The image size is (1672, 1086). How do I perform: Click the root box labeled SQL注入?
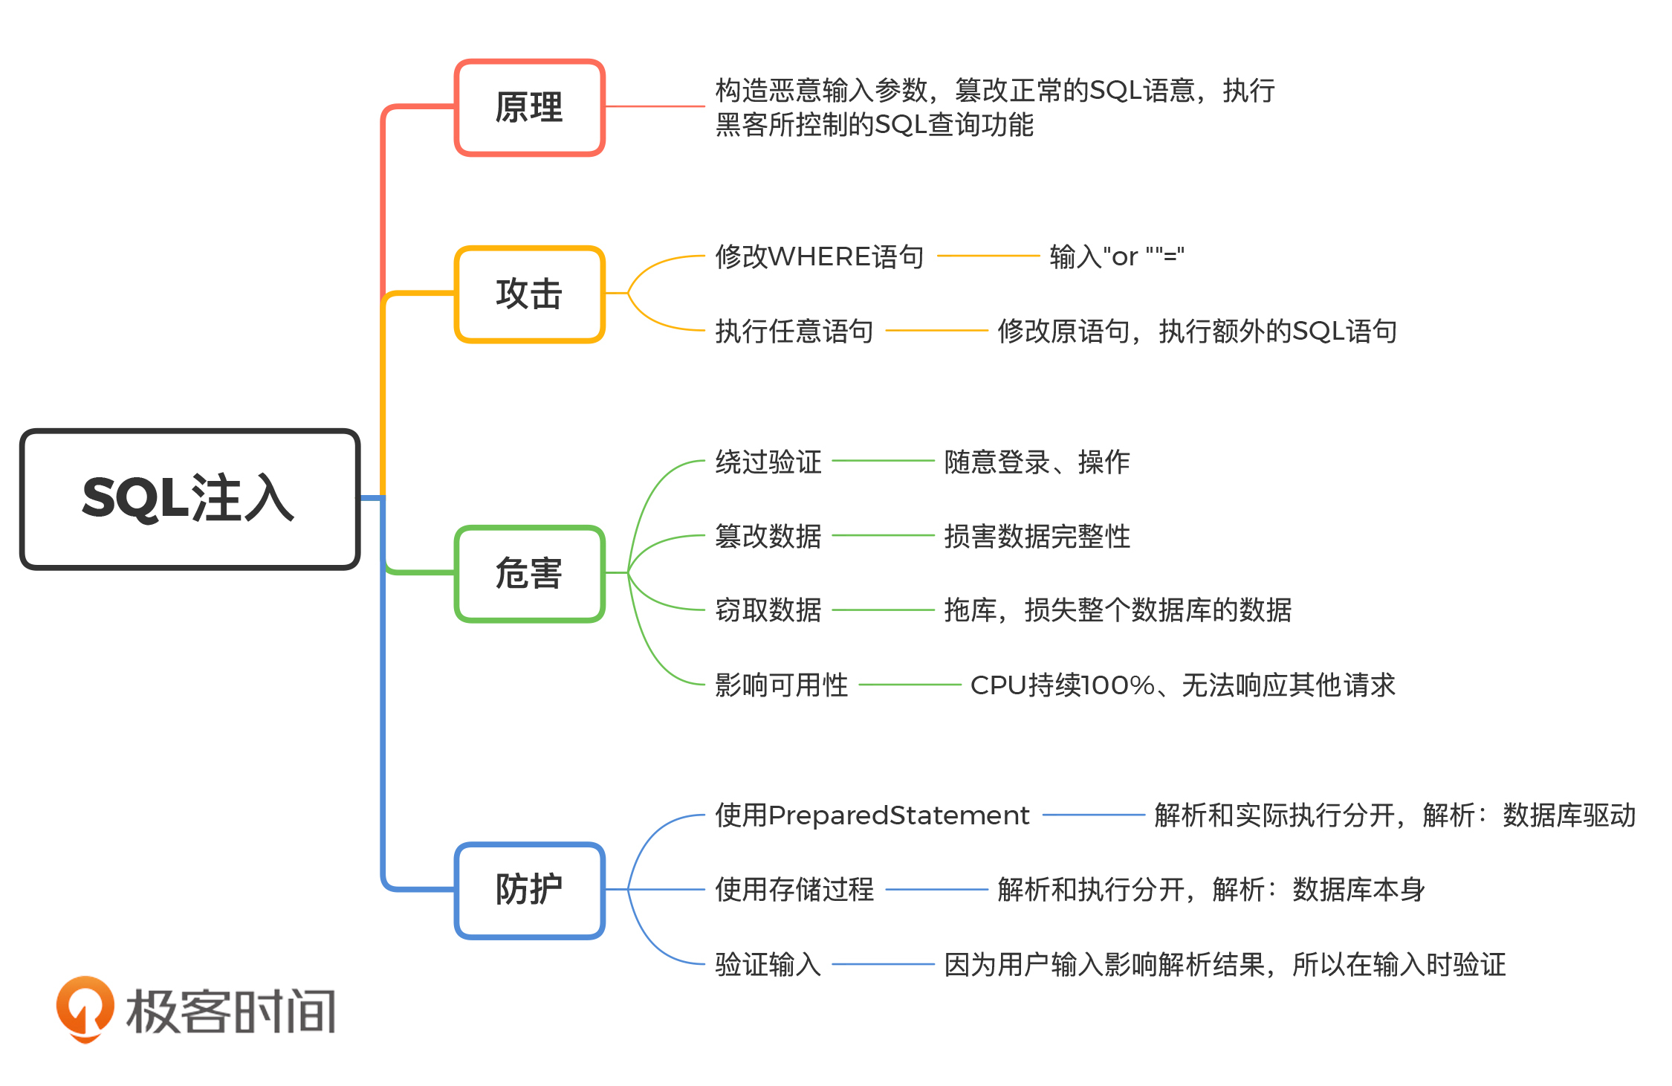point(189,499)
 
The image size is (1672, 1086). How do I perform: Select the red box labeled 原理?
point(529,108)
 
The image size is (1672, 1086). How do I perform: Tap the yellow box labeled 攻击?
point(529,294)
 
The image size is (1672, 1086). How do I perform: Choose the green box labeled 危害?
point(529,574)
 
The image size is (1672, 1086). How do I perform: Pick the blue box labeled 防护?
point(529,890)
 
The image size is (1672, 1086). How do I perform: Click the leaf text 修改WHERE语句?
point(819,257)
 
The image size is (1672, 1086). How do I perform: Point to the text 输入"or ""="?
point(1116,257)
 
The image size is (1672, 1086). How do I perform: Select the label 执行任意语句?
point(794,332)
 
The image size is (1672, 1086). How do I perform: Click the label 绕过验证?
point(768,462)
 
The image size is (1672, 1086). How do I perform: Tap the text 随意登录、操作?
point(1037,462)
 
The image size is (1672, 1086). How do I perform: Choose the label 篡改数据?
point(768,536)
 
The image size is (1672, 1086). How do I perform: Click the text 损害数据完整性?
point(1037,536)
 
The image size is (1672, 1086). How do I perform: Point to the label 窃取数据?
point(768,610)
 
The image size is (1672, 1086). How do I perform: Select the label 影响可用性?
point(781,685)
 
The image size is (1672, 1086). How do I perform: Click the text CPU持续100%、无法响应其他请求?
point(1182,685)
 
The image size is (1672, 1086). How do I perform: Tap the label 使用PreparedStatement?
point(872,815)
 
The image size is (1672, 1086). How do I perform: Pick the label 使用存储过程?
point(794,890)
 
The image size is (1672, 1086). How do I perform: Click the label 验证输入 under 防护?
point(768,965)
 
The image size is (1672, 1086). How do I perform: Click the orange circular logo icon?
point(85,1009)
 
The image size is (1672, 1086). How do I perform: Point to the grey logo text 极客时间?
point(231,1012)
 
